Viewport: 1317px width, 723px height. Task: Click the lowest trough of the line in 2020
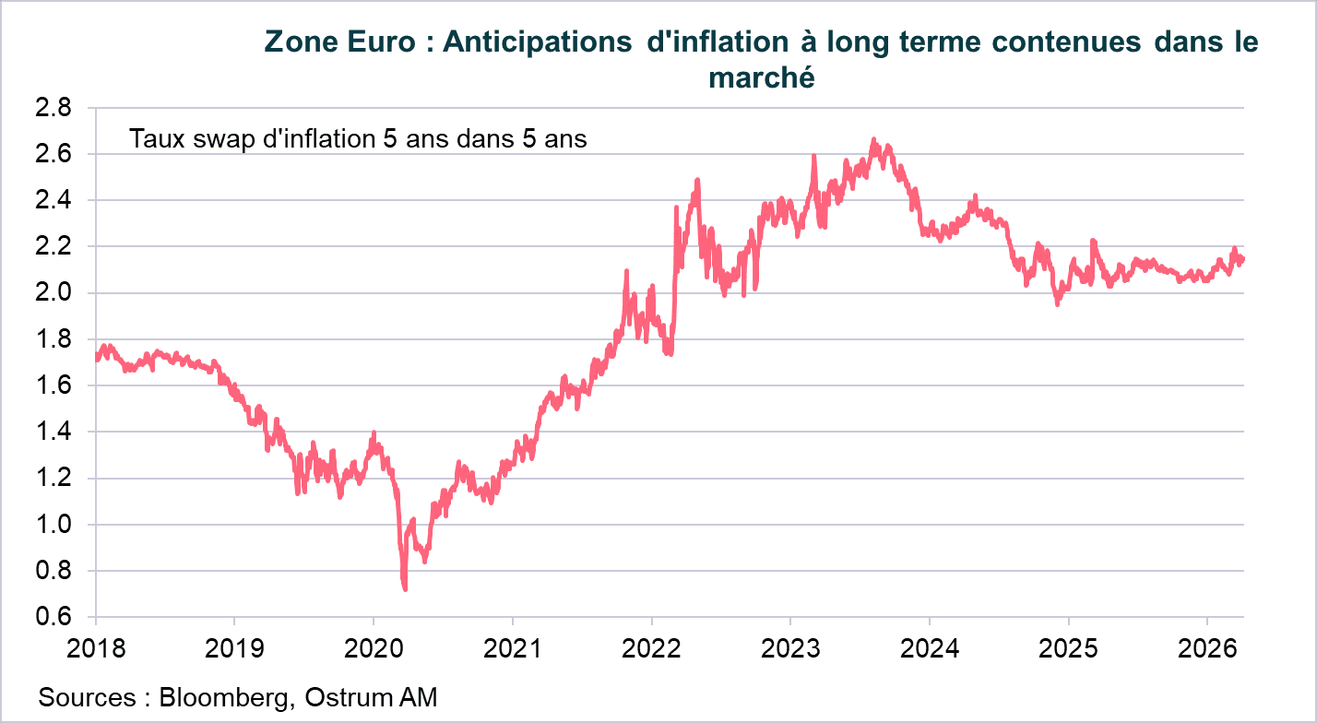click(x=405, y=588)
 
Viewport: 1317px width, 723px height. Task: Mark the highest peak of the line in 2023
click(x=873, y=140)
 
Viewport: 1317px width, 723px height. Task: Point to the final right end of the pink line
click(x=1242, y=259)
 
